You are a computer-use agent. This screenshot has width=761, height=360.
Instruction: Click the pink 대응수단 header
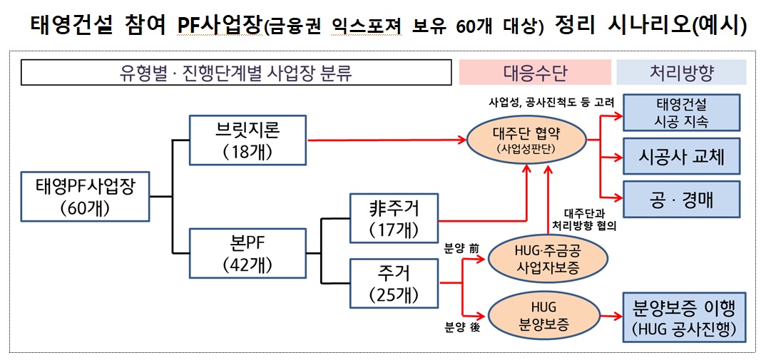[535, 72]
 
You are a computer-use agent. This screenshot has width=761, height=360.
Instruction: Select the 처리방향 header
[681, 72]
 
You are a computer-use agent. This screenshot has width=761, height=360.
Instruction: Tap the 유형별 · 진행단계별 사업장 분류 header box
[236, 72]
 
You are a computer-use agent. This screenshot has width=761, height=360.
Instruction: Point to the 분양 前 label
[461, 249]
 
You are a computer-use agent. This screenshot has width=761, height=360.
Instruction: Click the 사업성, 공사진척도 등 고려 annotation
[551, 102]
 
